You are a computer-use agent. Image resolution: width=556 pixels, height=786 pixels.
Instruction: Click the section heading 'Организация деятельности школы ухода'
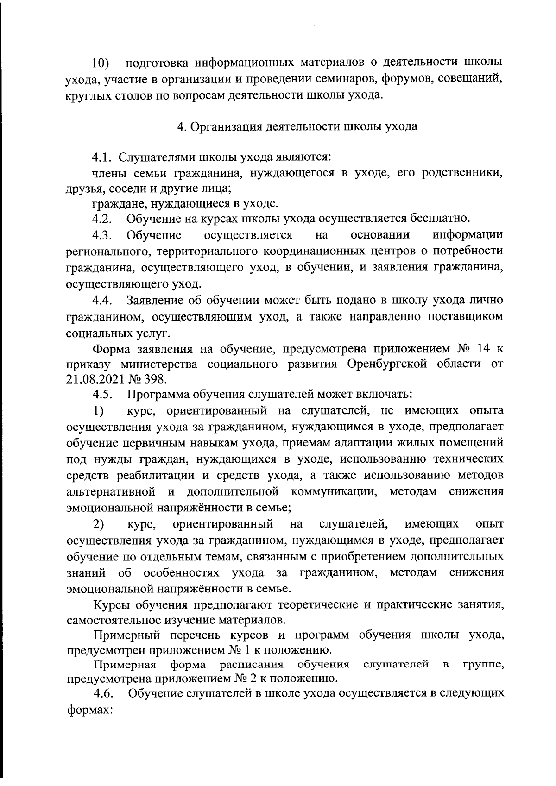[x=303, y=126]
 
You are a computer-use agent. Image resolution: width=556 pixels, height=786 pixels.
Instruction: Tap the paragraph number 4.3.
[x=102, y=235]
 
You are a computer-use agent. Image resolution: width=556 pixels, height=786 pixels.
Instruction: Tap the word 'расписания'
[x=252, y=665]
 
